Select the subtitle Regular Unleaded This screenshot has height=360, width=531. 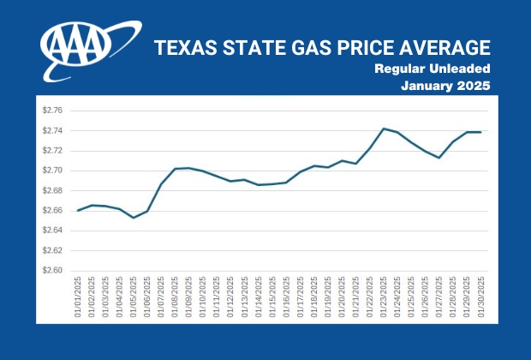coord(433,68)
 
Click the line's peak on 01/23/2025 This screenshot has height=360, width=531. coord(383,129)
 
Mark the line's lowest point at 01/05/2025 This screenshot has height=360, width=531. coord(134,218)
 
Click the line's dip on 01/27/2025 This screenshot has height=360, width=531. coord(439,158)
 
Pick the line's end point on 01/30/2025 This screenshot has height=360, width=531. coord(481,132)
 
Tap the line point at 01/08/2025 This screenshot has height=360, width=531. coord(175,169)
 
